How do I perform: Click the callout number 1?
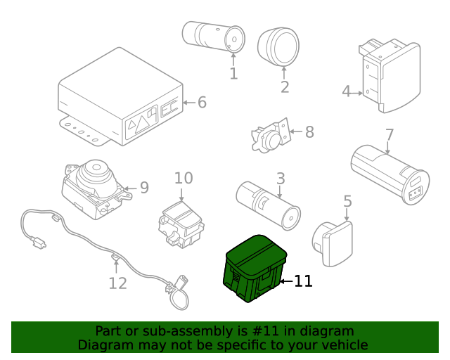point(233,73)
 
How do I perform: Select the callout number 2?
point(285,87)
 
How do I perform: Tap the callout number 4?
point(346,91)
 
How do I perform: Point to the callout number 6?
point(202,103)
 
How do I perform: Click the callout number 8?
point(309,131)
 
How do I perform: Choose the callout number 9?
point(144,188)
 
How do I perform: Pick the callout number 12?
point(117,283)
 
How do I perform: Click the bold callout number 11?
point(302,281)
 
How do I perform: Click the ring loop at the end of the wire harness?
point(179,298)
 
